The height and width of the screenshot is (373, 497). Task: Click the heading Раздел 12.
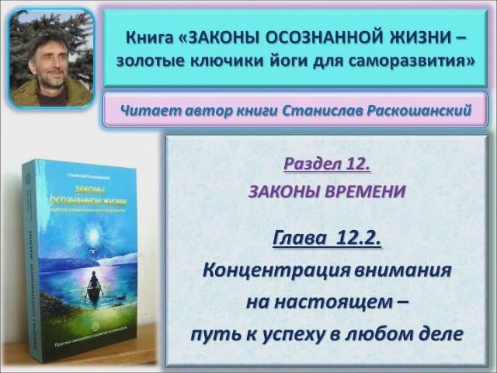click(x=326, y=165)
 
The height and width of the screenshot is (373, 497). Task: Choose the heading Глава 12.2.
click(x=326, y=238)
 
